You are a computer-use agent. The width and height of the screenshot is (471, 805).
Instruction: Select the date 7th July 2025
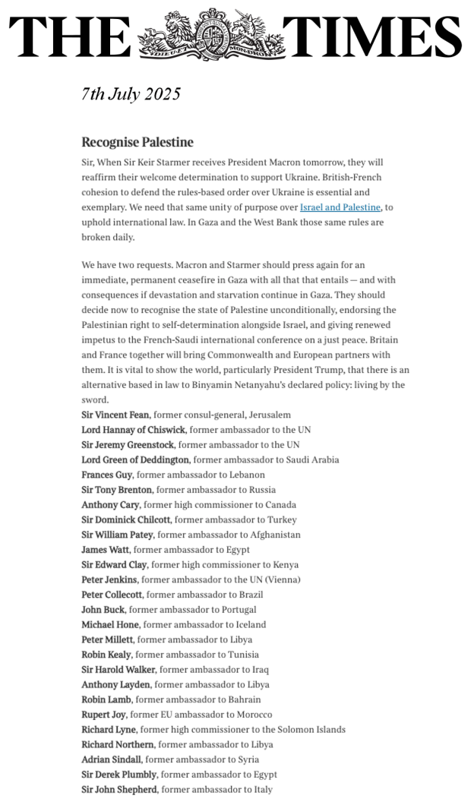131,94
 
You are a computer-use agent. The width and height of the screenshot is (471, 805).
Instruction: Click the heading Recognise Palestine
138,142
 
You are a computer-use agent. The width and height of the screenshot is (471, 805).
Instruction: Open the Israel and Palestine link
340,207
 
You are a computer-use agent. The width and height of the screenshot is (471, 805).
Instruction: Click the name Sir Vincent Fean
115,415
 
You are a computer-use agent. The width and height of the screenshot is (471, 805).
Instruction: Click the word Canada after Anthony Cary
280,505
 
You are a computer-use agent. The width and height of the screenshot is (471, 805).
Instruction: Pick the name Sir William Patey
117,535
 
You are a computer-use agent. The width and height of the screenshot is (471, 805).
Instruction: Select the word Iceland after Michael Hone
249,624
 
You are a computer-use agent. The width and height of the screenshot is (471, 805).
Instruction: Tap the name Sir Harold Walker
119,670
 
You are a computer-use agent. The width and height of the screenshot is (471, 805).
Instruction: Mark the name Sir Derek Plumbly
119,775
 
